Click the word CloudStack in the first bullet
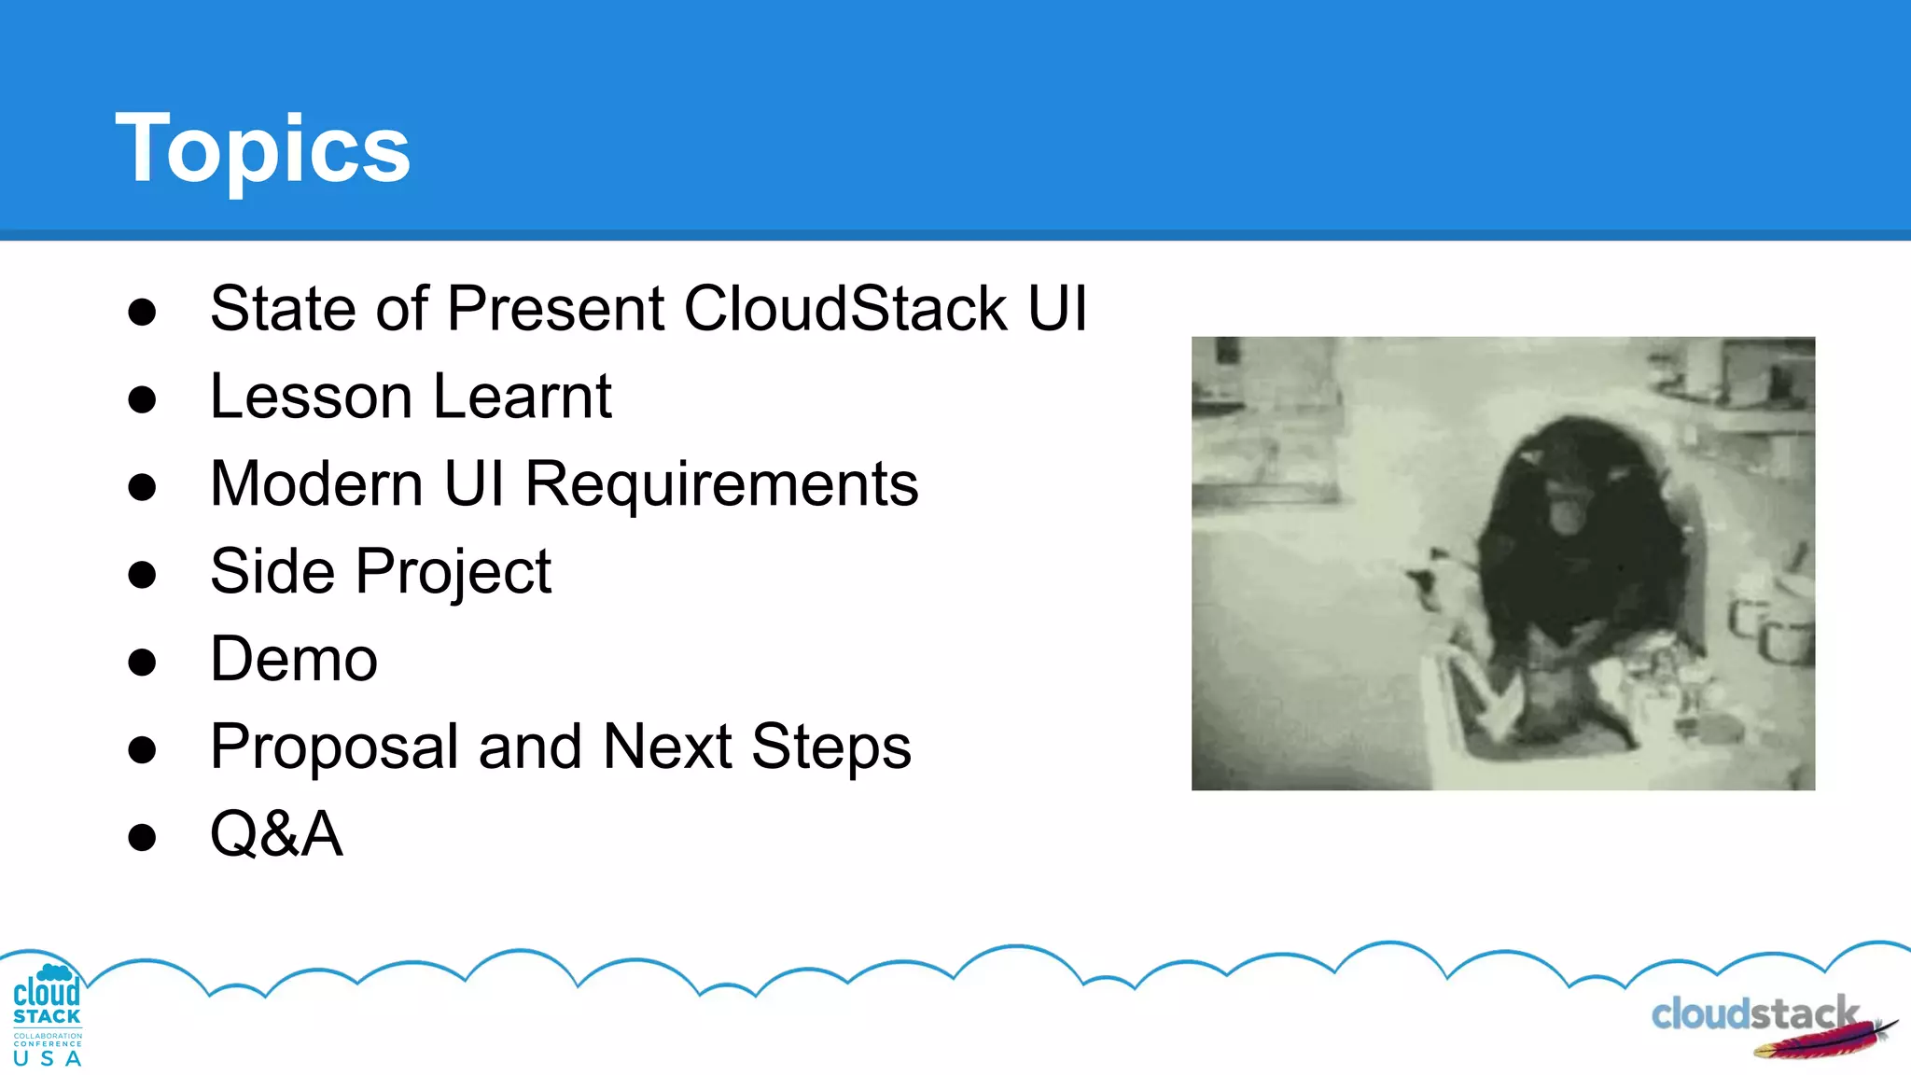pos(845,308)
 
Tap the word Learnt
pos(523,396)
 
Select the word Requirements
pos(721,484)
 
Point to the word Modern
pos(316,483)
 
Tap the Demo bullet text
pos(294,659)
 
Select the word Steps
pos(830,747)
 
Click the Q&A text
pos(276,833)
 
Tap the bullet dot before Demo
pos(142,662)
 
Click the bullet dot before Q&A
pos(142,837)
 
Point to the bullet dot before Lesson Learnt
pos(142,399)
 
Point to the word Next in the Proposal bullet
pos(667,747)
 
